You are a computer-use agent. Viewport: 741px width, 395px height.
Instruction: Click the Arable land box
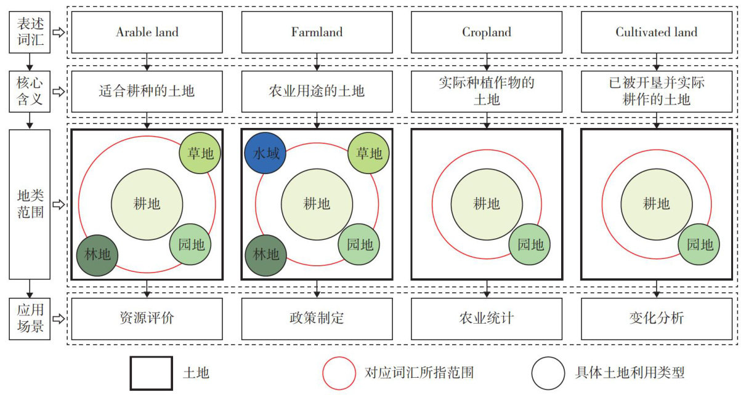(147, 32)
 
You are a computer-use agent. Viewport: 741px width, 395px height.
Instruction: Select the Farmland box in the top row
(317, 32)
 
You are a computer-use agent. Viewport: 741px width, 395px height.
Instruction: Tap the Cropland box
(487, 32)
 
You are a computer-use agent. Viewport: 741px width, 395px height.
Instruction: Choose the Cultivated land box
(657, 32)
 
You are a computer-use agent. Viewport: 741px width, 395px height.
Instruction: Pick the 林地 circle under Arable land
(97, 254)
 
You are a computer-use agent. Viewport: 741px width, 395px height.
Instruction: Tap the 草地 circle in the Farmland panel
(368, 153)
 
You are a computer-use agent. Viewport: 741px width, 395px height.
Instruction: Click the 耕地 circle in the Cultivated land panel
(655, 204)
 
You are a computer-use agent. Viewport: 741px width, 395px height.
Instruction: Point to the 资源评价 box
(147, 319)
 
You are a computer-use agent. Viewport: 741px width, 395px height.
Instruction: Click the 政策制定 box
(317, 319)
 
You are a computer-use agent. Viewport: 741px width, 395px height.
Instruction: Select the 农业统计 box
(487, 319)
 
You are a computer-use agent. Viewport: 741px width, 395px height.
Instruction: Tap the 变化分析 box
(657, 319)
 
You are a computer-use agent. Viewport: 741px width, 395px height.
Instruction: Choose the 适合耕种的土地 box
(147, 92)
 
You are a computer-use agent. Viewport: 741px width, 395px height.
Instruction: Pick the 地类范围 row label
(29, 204)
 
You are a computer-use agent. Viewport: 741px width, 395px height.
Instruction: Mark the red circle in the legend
(339, 372)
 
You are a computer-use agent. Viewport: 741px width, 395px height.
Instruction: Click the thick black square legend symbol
(152, 373)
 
